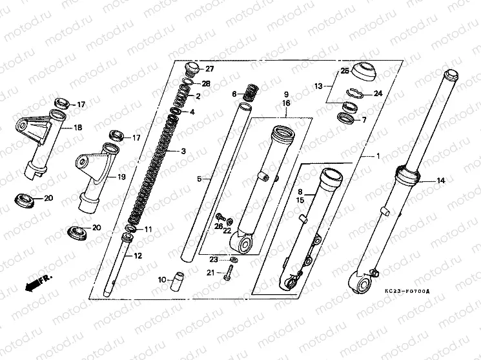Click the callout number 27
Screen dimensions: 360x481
210,69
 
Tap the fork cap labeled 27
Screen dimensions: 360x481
192,68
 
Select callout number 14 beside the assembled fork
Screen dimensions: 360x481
441,181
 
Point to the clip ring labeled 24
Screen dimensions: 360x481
357,92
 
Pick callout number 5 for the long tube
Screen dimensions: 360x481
200,178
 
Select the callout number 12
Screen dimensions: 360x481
138,256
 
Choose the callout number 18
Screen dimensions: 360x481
78,128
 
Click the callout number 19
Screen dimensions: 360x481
120,176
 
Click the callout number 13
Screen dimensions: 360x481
318,85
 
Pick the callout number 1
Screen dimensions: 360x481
378,156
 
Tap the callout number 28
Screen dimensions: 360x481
206,84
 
